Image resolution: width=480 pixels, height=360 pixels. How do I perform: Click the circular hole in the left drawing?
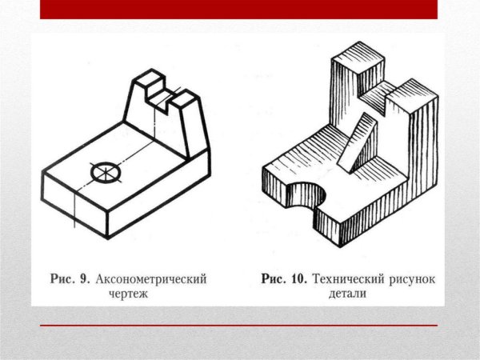(x=103, y=171)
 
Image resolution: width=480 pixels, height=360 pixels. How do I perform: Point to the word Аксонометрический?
(x=151, y=280)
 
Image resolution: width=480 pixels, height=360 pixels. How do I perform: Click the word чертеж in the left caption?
(x=129, y=294)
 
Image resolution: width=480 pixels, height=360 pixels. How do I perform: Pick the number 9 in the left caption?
(x=82, y=280)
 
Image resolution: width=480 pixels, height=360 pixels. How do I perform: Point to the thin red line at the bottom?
(x=239, y=326)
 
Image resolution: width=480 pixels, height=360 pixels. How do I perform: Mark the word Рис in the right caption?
(x=277, y=280)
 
